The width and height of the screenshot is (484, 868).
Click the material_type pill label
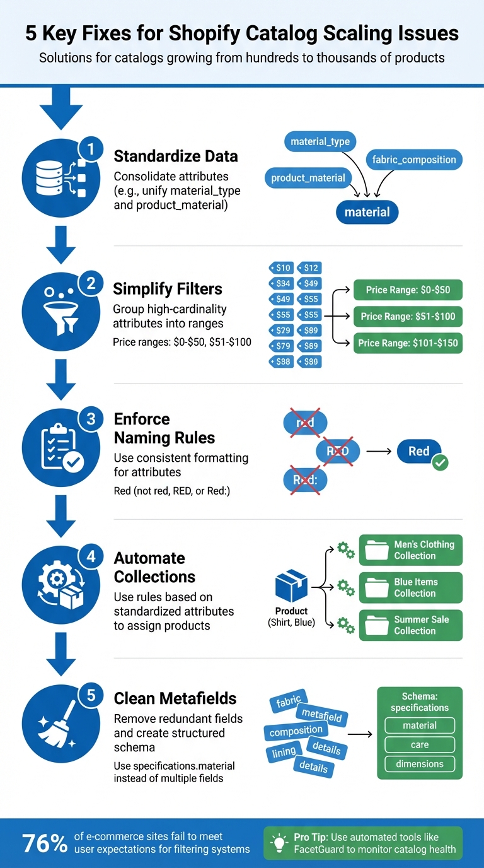[x=320, y=141]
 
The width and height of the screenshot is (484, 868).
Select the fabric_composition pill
[x=414, y=160]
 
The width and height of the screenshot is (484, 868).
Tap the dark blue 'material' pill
[x=367, y=213]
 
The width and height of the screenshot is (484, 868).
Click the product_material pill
[x=308, y=178]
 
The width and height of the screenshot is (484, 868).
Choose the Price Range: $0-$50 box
[x=407, y=290]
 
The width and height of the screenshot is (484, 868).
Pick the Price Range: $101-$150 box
[x=407, y=343]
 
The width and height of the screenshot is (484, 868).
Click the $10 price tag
[x=281, y=268]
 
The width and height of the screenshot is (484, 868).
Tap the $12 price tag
[x=309, y=268]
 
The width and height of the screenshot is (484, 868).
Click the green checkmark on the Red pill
[x=440, y=463]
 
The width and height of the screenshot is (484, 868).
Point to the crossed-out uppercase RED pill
[x=337, y=451]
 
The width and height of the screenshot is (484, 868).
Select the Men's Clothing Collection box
[x=410, y=550]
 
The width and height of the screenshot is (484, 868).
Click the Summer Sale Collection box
[x=410, y=625]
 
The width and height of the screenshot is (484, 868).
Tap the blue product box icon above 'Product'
[x=291, y=586]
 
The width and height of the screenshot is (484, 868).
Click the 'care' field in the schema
[x=420, y=745]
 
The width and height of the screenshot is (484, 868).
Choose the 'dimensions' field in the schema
[x=420, y=764]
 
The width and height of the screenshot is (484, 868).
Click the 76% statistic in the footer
[x=44, y=843]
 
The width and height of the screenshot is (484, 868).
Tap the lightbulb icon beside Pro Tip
[x=278, y=843]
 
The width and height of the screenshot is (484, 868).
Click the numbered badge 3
[x=91, y=419]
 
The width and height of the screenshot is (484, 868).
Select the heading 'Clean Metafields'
[x=175, y=698]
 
